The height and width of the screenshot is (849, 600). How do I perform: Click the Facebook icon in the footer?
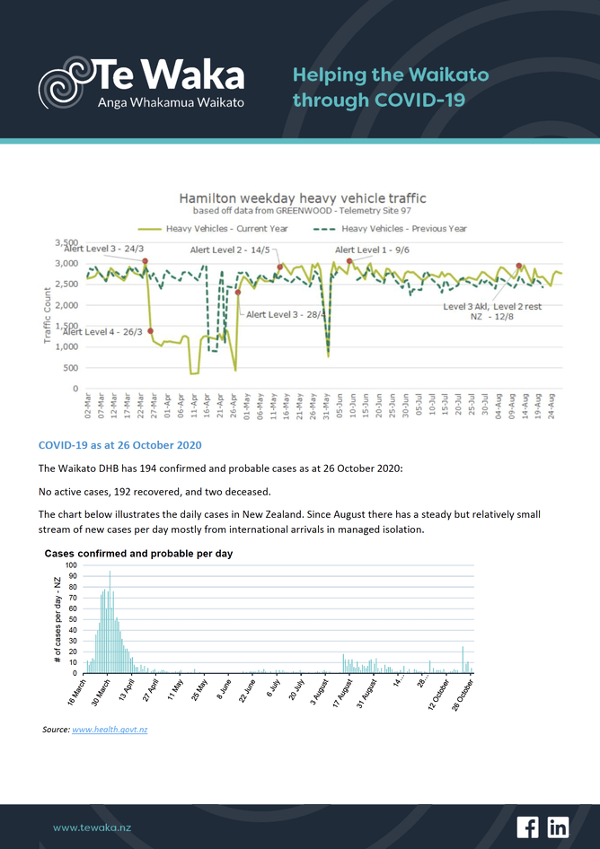click(527, 827)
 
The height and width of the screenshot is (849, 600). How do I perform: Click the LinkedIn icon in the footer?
click(557, 827)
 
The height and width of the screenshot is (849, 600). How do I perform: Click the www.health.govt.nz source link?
click(110, 730)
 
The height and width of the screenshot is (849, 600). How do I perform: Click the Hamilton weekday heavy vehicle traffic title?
click(302, 197)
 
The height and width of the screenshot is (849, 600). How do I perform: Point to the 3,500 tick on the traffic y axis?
click(67, 243)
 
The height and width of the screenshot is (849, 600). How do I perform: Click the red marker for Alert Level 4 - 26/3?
click(150, 331)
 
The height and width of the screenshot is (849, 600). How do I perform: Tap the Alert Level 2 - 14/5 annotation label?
click(230, 249)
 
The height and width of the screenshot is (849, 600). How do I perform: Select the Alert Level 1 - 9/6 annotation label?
click(372, 249)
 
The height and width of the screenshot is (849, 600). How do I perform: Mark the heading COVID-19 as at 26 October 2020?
click(119, 445)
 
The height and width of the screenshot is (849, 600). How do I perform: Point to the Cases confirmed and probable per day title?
click(138, 554)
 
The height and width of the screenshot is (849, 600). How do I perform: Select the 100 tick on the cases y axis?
click(71, 566)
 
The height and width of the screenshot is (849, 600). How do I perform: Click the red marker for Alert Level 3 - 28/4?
click(238, 293)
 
